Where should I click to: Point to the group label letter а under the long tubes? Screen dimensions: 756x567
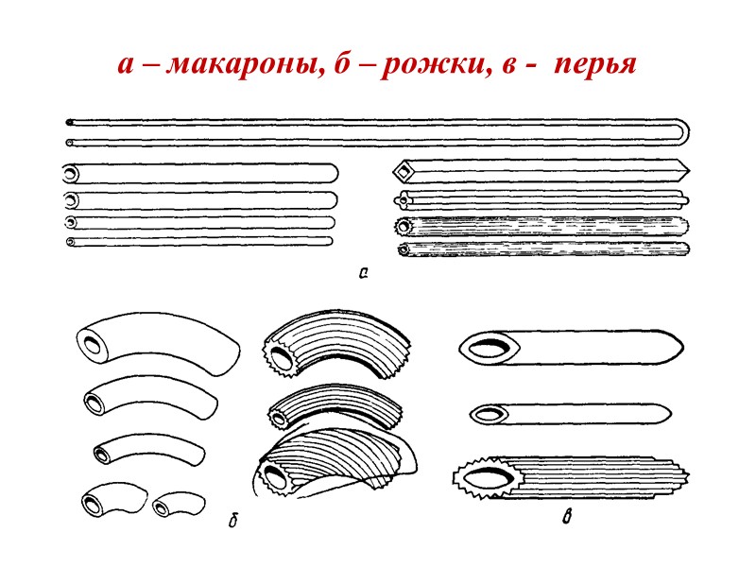pyautogui.click(x=362, y=274)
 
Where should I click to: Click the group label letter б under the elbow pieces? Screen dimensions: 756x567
pyautogui.click(x=232, y=519)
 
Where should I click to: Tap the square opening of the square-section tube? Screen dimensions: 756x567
pyautogui.click(x=404, y=171)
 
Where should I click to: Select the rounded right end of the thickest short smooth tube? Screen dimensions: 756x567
pyautogui.click(x=332, y=175)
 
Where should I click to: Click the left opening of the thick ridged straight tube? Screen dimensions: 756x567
pyautogui.click(x=404, y=228)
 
